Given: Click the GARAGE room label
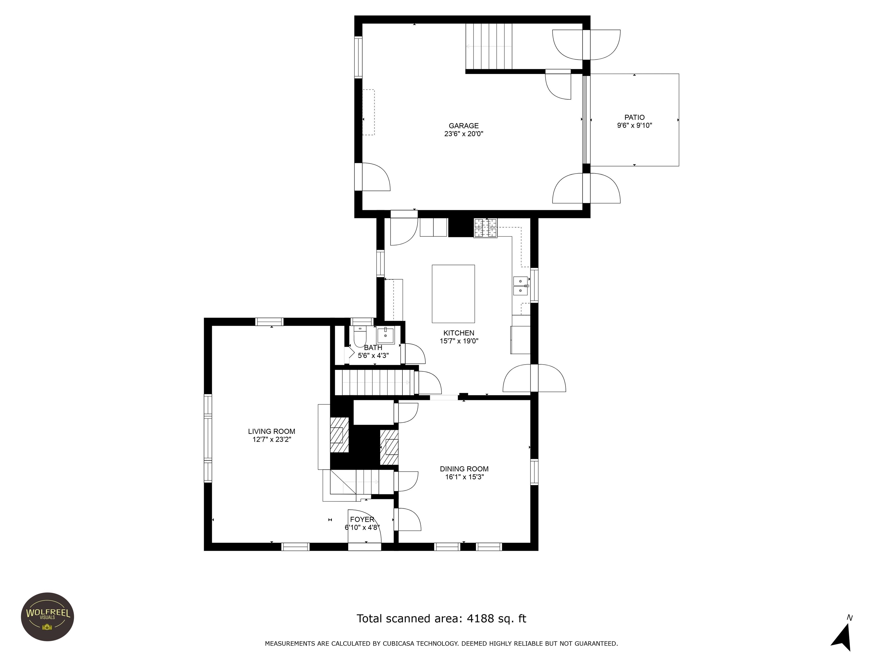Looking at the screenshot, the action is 463,126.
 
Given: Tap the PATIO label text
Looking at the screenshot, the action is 634,117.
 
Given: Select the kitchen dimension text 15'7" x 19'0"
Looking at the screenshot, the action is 459,341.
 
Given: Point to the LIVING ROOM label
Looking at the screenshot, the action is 271,431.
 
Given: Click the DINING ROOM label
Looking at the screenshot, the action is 464,469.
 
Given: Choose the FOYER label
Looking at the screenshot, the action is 362,519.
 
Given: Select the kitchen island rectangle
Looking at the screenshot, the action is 453,294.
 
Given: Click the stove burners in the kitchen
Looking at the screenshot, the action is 485,228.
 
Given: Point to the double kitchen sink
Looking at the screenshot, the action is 521,286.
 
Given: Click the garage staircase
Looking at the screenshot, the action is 489,46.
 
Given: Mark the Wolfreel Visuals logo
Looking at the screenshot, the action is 47,617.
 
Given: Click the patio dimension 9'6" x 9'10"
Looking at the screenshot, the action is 634,125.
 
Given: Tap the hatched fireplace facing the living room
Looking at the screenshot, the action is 339,435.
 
